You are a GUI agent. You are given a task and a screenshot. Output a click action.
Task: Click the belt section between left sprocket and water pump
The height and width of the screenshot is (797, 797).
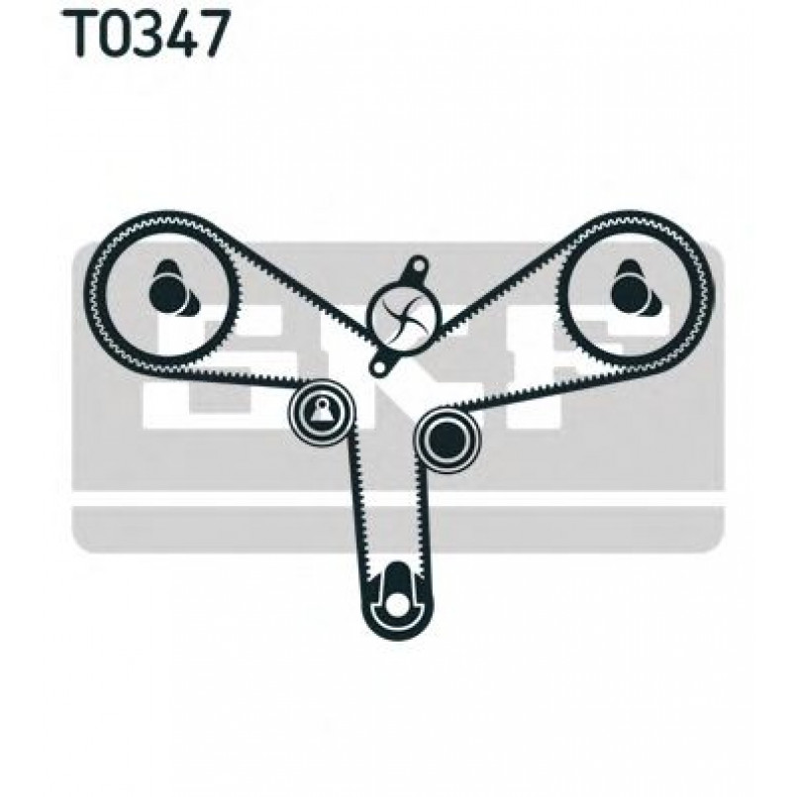297,287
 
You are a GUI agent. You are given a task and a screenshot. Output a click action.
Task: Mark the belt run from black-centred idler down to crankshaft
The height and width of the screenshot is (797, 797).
426,515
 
